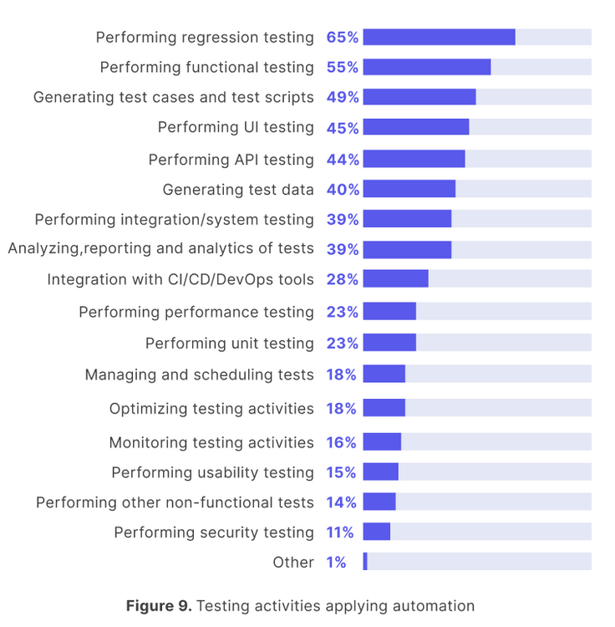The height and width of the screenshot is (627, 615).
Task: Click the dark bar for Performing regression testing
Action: coord(439,37)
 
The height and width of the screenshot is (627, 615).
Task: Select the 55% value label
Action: coord(343,68)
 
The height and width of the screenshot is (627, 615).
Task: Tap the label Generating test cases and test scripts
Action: coord(174,97)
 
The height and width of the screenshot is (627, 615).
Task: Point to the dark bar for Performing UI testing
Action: coord(416,127)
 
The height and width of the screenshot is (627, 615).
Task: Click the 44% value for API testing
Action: coord(343,160)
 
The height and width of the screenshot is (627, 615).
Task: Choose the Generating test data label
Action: coord(238,190)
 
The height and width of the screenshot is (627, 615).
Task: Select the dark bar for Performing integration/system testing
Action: coord(407,219)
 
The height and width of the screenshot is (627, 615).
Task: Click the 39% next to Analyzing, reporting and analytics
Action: coord(343,249)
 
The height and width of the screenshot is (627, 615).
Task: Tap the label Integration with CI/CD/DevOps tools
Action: coord(180,279)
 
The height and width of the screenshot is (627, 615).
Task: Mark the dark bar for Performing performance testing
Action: coord(389,312)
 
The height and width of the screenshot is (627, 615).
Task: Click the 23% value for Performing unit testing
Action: coord(343,344)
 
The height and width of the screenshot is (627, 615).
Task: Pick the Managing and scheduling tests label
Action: coord(200,375)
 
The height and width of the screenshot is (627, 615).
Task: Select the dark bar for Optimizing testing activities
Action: coord(384,408)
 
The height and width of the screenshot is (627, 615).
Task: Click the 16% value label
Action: coord(341,442)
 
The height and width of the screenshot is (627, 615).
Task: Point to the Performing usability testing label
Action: coord(213,472)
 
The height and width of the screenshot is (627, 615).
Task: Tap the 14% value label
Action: coord(341,502)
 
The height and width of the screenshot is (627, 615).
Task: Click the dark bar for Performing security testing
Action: coord(377,532)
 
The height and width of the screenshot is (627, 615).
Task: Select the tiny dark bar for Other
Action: coord(365,562)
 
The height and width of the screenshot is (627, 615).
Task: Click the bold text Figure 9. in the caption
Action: coord(159,605)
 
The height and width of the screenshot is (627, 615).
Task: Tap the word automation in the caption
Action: coord(434,605)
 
